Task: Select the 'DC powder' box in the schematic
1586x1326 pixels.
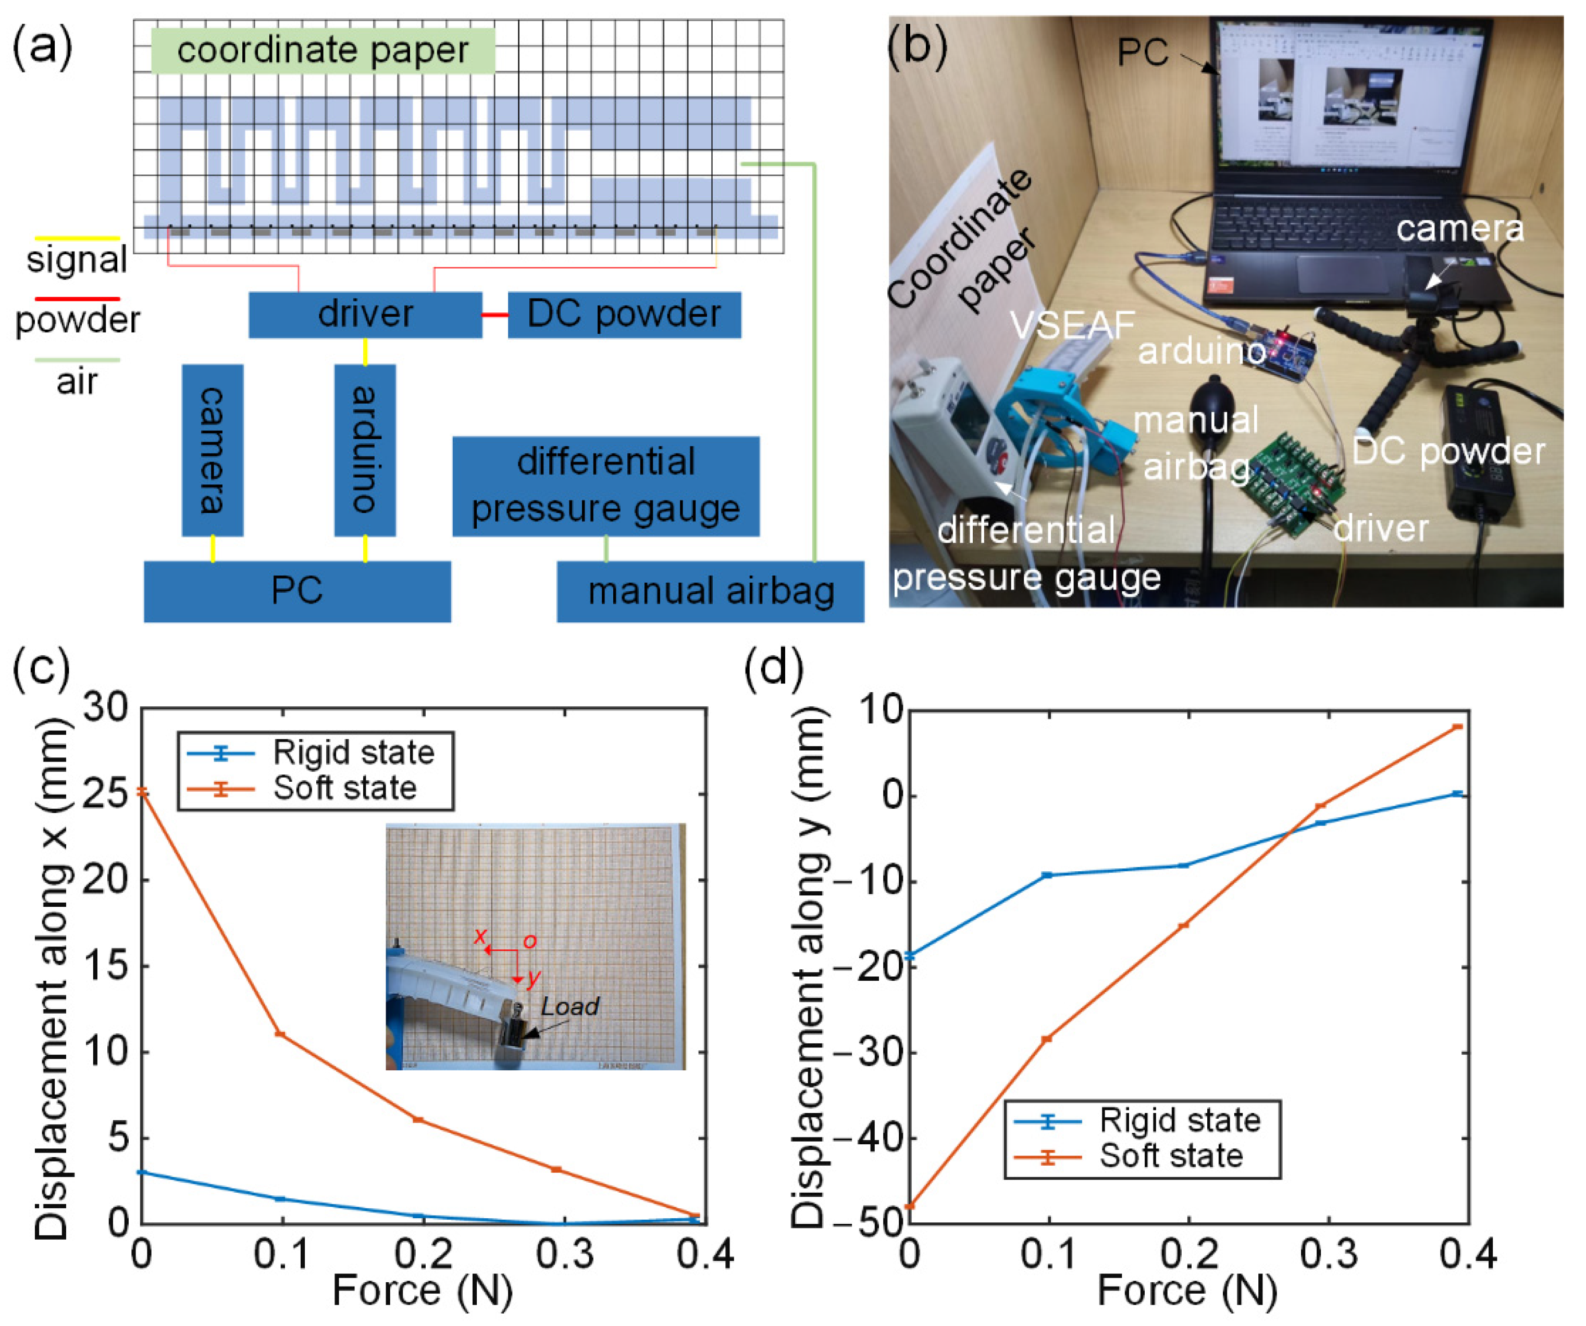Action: tap(624, 314)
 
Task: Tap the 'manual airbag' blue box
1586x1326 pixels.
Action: tap(710, 591)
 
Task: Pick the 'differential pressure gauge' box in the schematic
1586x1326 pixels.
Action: tap(606, 485)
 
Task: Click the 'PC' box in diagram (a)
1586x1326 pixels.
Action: tap(297, 591)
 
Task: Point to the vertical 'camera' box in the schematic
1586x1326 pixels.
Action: tap(212, 450)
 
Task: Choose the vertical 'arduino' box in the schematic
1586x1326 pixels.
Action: tap(365, 450)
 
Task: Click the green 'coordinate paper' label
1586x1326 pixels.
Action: tap(323, 51)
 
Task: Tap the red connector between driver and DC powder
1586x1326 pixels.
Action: tap(494, 314)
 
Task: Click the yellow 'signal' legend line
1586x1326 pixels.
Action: tap(76, 239)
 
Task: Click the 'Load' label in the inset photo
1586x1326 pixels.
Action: tap(570, 1007)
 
